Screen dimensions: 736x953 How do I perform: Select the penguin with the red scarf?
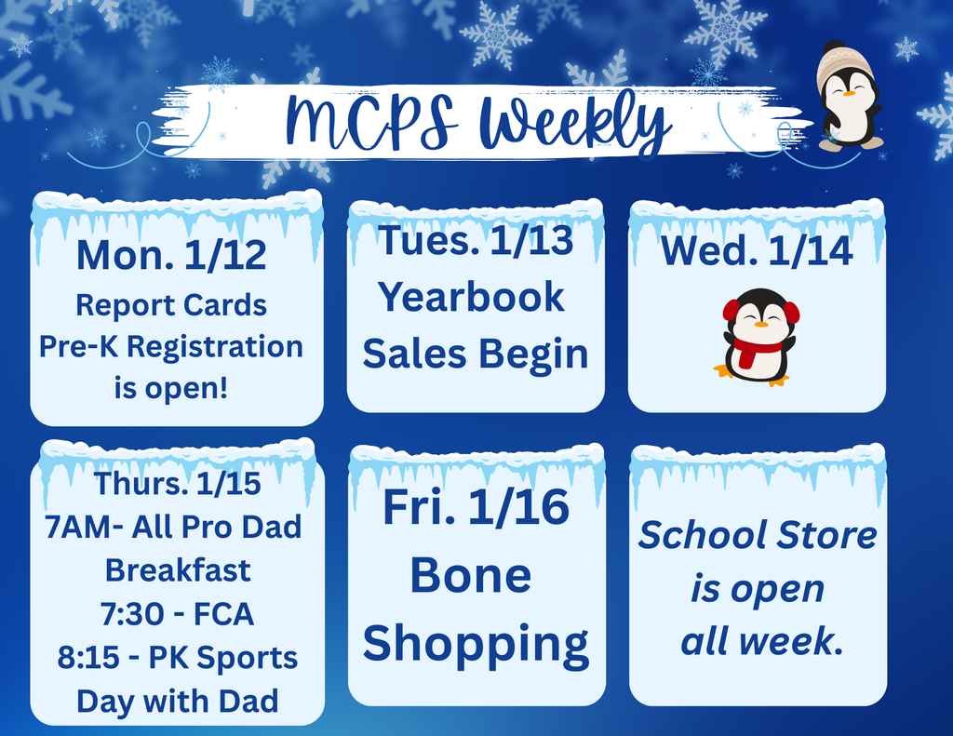tap(759, 337)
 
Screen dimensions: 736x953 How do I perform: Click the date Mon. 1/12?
tap(171, 255)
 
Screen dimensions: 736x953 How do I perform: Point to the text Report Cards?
tap(171, 305)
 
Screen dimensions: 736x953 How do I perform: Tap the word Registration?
tap(215, 346)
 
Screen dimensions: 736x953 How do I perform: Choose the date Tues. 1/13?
tap(475, 241)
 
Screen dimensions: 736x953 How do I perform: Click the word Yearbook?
tap(472, 297)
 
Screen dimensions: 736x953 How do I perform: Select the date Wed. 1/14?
tap(757, 251)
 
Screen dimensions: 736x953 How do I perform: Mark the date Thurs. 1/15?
tap(177, 484)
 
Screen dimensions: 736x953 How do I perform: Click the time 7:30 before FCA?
tap(126, 614)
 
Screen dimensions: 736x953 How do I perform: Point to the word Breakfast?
tap(178, 569)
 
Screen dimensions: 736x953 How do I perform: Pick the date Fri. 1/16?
tap(476, 508)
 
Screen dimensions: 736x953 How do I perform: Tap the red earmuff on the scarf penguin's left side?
tap(732, 310)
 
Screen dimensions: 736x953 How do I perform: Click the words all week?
tap(761, 641)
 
